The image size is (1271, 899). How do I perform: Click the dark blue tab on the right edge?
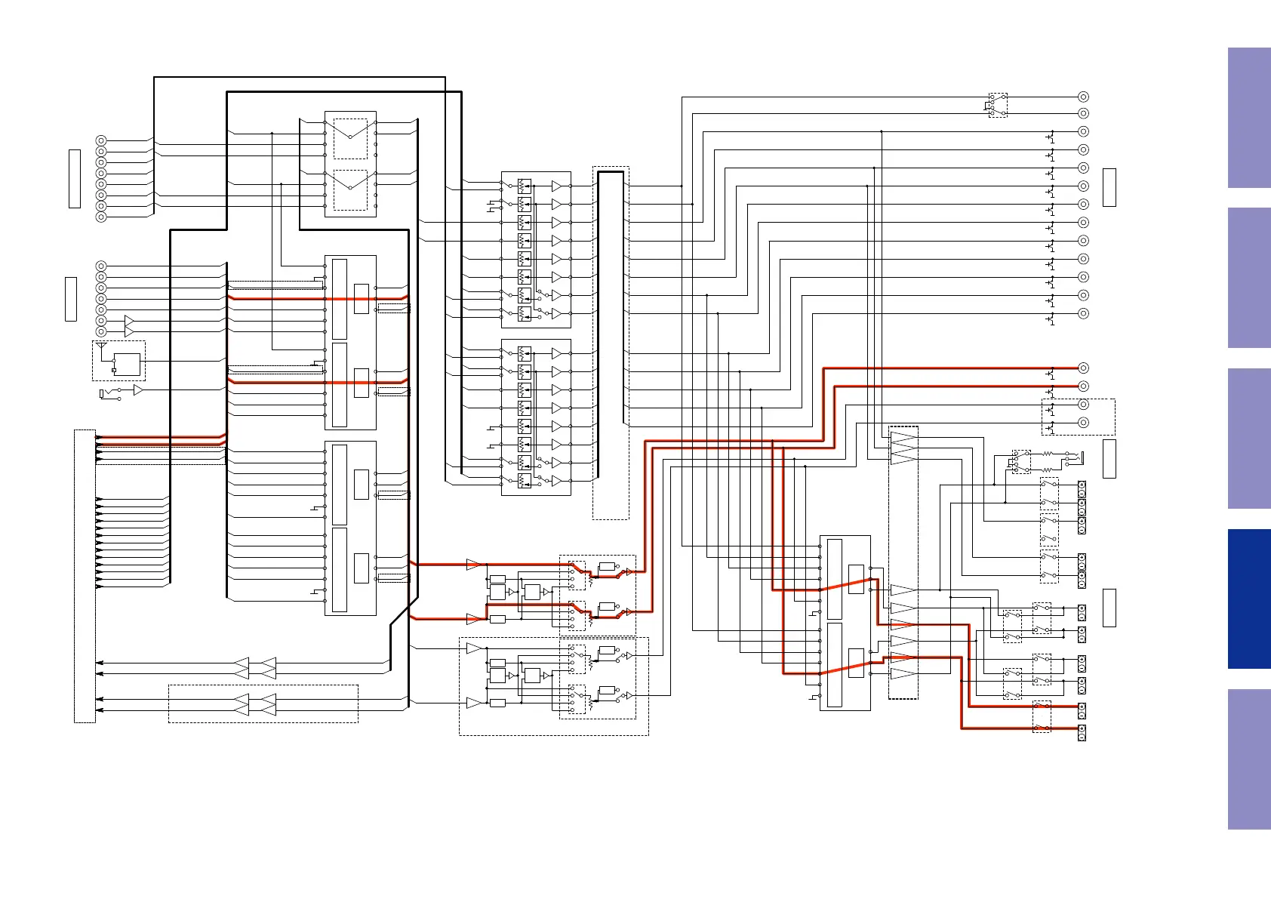tap(1249, 599)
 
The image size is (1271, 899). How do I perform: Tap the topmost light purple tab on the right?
tap(1249, 118)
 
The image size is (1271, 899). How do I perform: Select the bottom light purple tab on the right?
tap(1249, 759)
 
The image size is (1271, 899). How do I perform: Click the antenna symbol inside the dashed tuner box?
tap(102, 347)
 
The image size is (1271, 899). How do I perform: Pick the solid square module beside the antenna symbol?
tap(127, 365)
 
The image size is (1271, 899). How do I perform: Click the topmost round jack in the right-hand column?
tap(1083, 97)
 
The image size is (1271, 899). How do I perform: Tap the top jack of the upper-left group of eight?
tap(101, 140)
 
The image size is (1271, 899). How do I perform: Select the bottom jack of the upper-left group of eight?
tap(101, 217)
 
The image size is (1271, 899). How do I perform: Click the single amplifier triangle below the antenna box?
tap(138, 390)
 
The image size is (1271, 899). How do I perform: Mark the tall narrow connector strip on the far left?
tap(85, 576)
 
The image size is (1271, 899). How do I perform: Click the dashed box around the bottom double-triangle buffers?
tap(263, 703)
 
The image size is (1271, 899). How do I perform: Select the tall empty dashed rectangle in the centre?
tap(611, 343)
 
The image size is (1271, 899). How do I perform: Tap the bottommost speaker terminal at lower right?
tap(1082, 732)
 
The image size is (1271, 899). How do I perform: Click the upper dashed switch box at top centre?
tap(350, 138)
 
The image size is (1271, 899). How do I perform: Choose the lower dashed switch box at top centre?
tap(350, 190)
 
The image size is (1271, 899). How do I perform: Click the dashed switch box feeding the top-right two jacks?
tap(998, 105)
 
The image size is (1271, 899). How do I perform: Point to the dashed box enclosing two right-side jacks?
tap(1078, 417)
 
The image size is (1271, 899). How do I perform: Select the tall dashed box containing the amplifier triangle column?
tap(903, 562)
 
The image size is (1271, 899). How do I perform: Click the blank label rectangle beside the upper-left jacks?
tap(75, 178)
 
